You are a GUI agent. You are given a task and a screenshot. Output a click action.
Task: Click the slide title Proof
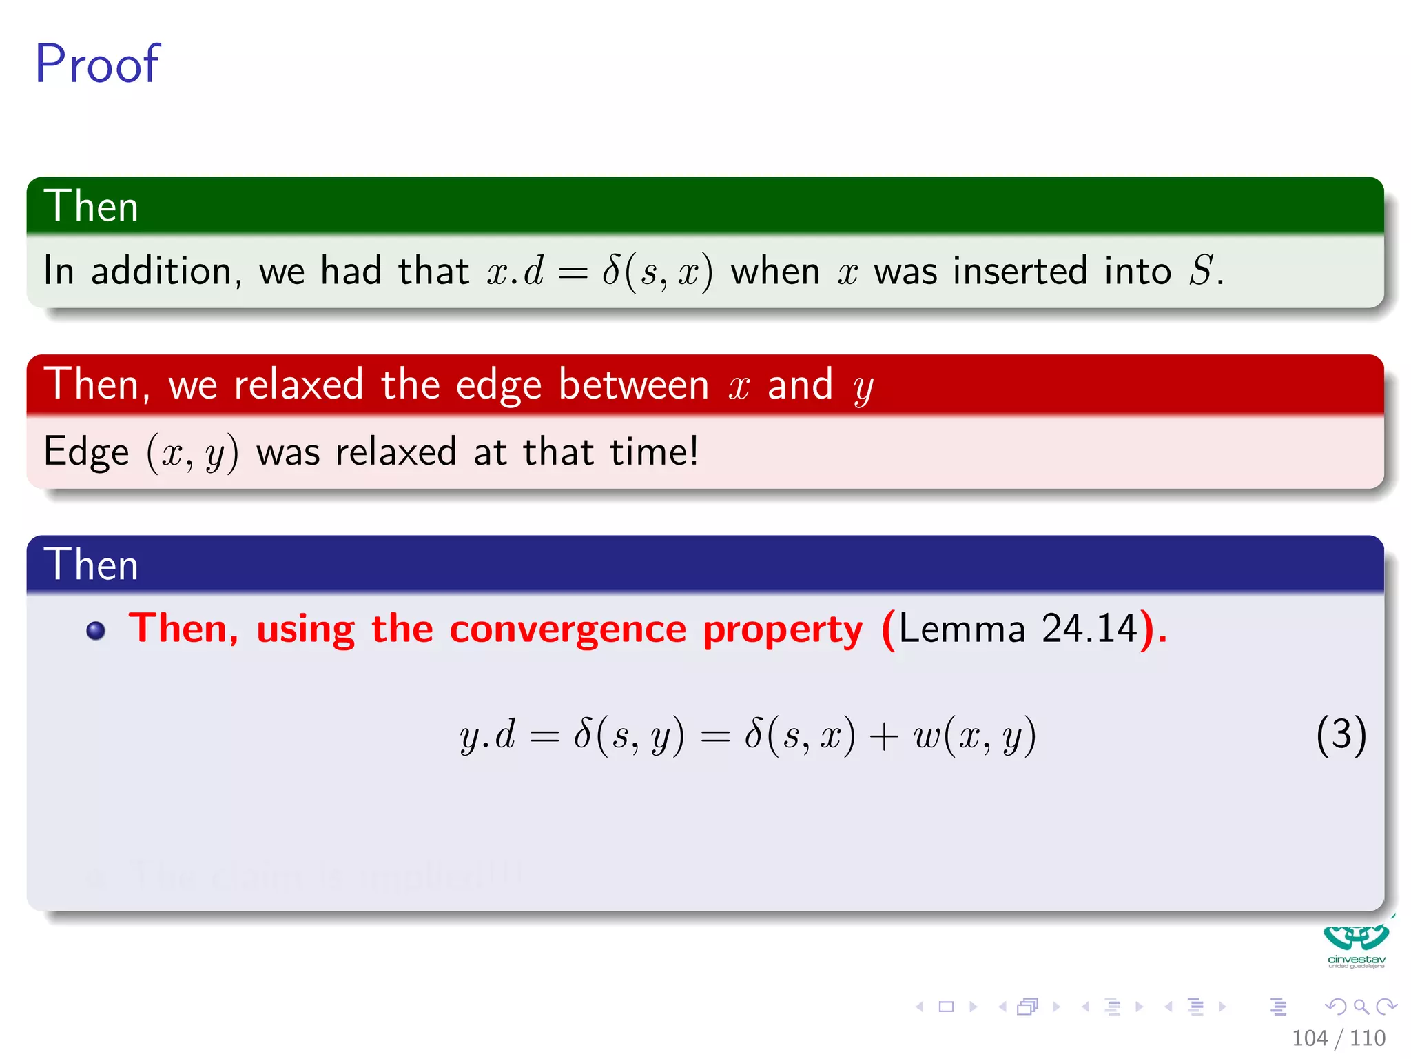point(97,64)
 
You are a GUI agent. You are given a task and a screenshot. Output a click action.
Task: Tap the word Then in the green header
point(91,206)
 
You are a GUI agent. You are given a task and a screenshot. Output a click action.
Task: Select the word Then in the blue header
point(91,565)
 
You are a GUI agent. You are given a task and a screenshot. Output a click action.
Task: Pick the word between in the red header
point(633,384)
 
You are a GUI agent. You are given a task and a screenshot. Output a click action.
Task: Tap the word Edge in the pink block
point(86,453)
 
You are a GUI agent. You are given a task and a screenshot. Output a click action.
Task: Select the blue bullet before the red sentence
point(96,631)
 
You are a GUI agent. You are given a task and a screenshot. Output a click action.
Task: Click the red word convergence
point(568,629)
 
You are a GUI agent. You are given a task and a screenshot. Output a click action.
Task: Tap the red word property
point(783,629)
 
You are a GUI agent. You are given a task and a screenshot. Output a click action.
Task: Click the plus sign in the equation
point(883,736)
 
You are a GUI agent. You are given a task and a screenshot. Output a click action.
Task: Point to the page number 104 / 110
point(1338,1038)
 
